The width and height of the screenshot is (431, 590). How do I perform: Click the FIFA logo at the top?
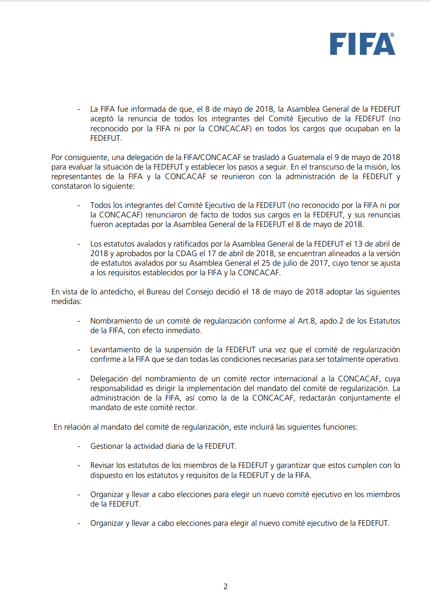tap(362, 44)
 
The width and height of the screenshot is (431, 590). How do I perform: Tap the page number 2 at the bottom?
tap(225, 586)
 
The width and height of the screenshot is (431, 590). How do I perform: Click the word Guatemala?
tap(306, 157)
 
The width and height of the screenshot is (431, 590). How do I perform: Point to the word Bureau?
tap(158, 292)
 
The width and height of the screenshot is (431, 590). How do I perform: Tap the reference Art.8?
tap(306, 321)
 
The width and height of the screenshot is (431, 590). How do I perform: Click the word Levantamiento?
tap(115, 349)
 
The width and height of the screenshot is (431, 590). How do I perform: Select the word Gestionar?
tap(107, 446)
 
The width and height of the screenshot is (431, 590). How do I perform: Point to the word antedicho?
tap(117, 292)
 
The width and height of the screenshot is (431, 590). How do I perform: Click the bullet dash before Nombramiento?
tap(79, 321)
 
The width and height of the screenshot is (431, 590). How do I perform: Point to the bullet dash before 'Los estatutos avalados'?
tap(79, 244)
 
